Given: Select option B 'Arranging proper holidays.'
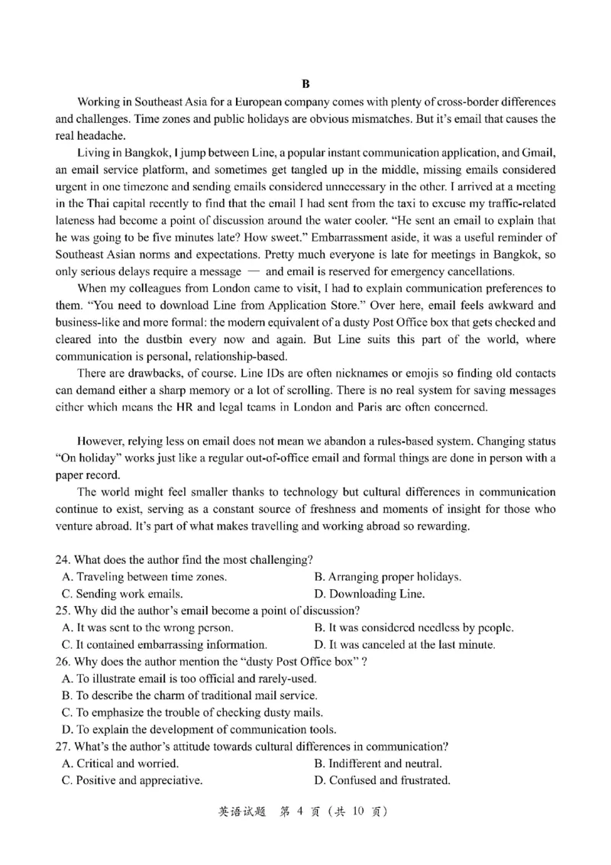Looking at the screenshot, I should pos(387,577).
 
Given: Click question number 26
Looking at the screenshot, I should pos(63,661).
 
